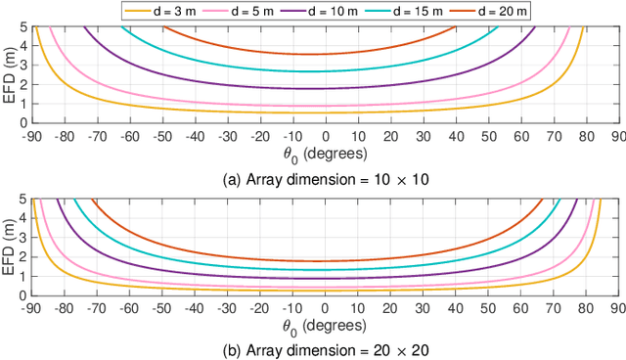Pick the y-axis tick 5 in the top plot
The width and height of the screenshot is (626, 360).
[x=23, y=26]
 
